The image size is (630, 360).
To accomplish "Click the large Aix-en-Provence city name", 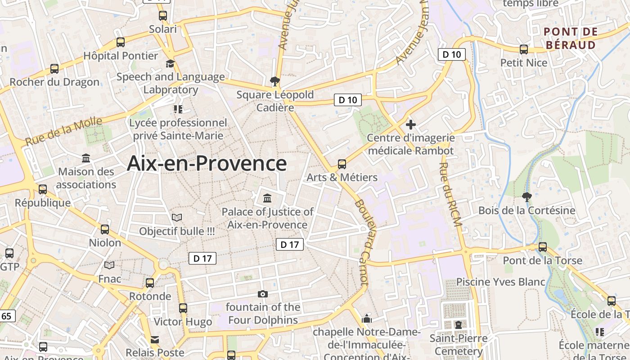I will point(207,163).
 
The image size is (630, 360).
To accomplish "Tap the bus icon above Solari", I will point(163,15).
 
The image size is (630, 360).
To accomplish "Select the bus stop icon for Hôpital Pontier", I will point(121,42).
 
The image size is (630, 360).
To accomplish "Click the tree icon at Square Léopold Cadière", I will point(274,81).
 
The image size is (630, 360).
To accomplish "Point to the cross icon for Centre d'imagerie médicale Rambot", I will point(410,125).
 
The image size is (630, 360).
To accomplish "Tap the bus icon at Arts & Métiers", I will point(342,164).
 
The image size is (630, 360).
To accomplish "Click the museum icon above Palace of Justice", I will point(267,198).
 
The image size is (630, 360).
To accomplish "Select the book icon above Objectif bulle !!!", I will point(177,218).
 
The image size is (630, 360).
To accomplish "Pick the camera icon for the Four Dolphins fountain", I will point(263,294).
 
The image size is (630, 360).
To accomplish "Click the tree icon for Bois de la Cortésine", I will point(526,197).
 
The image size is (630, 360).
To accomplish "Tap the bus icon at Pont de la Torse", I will point(543,247).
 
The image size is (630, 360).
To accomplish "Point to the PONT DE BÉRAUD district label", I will point(571,38).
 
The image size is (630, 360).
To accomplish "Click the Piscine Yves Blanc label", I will point(501,282).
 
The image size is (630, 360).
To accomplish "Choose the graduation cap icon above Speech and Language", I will point(170,64).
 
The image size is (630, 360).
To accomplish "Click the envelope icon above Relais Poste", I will point(155,339).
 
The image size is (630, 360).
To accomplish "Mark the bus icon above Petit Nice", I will point(524,49).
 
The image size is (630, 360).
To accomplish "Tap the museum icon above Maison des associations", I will point(86,158).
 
